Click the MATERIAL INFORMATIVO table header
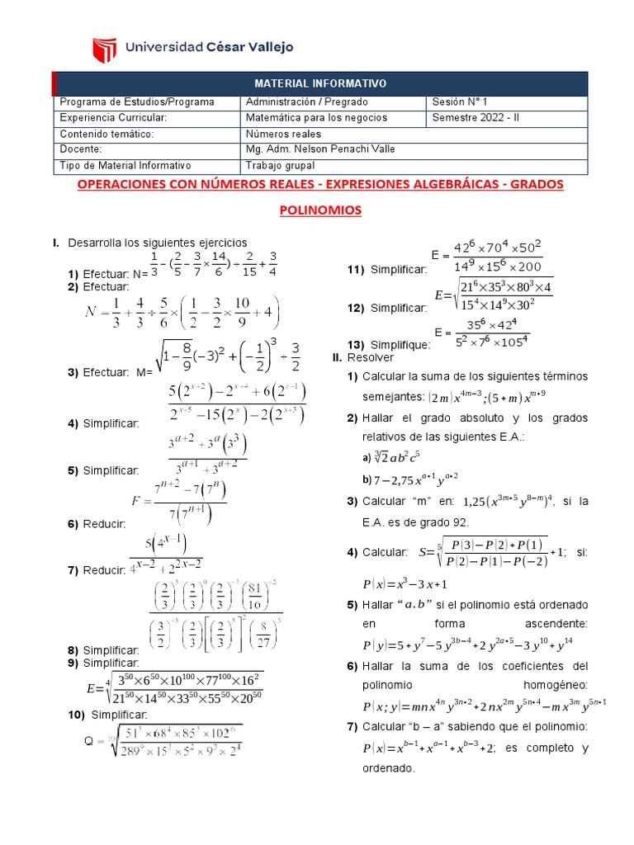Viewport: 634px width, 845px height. pos(319,84)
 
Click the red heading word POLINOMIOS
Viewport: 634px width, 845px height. pos(320,211)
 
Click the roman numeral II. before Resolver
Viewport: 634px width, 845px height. pos(337,358)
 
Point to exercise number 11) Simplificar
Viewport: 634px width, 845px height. pos(386,270)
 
